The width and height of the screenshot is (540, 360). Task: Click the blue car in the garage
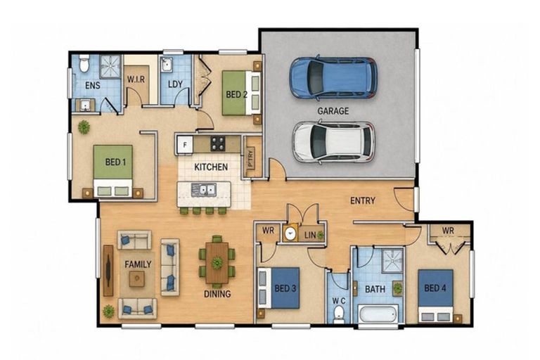point(333,78)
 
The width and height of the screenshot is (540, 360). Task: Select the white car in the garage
point(333,141)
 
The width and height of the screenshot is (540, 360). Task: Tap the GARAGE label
point(333,111)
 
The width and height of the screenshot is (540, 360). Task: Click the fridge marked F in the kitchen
point(185,145)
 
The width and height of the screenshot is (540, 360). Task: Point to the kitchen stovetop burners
point(218,143)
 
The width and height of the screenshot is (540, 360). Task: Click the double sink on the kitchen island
point(203,190)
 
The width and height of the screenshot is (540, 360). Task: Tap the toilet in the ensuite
point(84,63)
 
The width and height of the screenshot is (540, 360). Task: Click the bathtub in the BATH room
point(378,314)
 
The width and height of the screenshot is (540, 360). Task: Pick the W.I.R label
point(136,79)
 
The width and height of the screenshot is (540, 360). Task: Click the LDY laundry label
point(175,84)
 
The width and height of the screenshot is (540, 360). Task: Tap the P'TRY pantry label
point(250,158)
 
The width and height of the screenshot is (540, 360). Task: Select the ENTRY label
point(362,200)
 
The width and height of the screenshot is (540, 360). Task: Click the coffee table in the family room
point(136,278)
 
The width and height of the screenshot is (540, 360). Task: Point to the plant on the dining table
point(217,263)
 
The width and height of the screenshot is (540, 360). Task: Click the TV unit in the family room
point(108,271)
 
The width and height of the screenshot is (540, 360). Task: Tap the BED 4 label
point(435,288)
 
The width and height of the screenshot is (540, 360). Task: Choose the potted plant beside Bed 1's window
point(84,127)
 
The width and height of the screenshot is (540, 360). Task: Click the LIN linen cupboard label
point(310,236)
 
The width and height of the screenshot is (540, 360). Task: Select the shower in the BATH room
point(392,260)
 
